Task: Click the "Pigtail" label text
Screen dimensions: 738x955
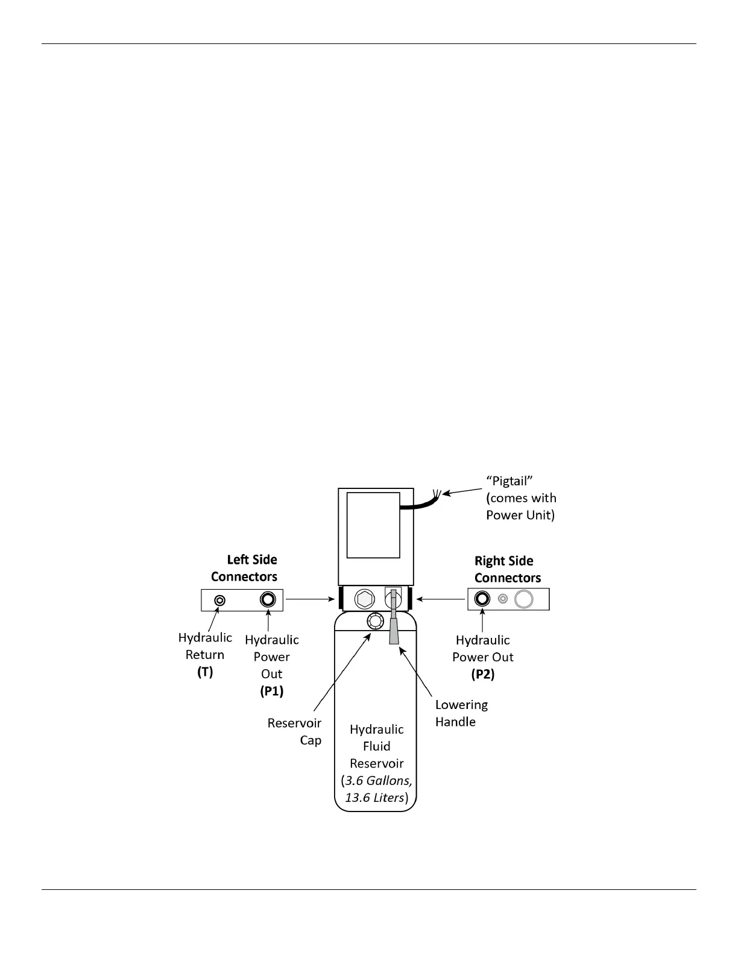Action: (509, 481)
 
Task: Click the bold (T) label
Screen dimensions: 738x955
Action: (205, 672)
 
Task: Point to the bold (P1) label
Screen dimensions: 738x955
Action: (271, 691)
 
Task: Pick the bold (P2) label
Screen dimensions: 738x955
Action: (482, 674)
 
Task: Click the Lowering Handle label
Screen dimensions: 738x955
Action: (461, 713)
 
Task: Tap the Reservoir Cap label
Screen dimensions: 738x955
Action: (295, 731)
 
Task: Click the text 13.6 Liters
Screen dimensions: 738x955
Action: (374, 798)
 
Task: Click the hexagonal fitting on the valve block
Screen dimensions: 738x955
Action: (364, 599)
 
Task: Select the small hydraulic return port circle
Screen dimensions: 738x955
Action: (220, 600)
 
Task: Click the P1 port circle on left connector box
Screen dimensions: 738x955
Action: (268, 600)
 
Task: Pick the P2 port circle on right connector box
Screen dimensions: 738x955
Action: (482, 599)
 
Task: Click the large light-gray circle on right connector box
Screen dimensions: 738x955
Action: (523, 599)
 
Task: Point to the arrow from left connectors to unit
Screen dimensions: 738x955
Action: (310, 599)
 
